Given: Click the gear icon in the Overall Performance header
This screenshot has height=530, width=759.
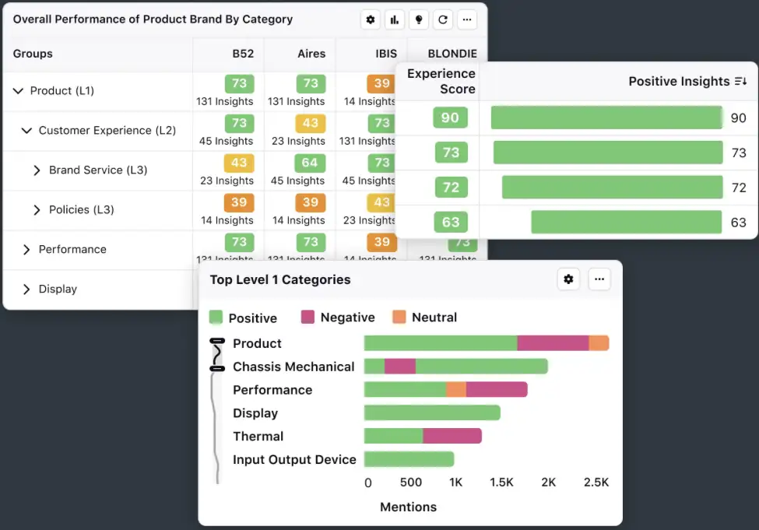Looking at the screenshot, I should click(x=371, y=19).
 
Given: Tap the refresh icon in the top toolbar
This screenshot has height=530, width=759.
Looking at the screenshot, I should click(x=443, y=19).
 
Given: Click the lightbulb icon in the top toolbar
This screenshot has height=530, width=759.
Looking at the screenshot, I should click(x=419, y=19).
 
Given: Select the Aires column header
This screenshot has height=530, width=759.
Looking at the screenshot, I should click(x=311, y=54).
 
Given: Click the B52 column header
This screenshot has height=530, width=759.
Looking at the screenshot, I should click(x=243, y=54).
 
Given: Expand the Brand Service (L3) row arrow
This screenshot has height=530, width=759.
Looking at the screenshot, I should click(x=37, y=170).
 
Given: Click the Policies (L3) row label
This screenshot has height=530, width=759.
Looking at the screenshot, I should click(x=82, y=209).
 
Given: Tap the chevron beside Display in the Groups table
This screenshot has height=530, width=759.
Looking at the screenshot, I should click(x=26, y=289).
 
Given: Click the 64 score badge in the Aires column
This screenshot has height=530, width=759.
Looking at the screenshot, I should click(x=310, y=163).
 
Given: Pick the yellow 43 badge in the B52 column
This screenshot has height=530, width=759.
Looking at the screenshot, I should click(x=239, y=163).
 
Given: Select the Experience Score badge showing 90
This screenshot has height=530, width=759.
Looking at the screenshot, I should click(x=450, y=118).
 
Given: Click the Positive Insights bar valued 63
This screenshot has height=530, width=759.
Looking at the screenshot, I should click(x=627, y=222).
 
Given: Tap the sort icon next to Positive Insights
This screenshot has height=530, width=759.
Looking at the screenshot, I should click(x=740, y=82).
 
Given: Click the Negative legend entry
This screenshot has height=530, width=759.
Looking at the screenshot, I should click(x=347, y=318).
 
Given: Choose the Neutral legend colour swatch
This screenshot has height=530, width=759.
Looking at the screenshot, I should click(x=399, y=318).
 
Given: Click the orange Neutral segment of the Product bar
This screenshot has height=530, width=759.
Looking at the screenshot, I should click(x=599, y=343).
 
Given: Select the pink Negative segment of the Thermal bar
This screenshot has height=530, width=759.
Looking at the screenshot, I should click(x=452, y=436).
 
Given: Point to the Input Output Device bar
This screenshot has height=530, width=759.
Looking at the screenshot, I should click(x=409, y=459).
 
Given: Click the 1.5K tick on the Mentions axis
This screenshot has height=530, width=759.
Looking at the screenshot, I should click(x=501, y=483).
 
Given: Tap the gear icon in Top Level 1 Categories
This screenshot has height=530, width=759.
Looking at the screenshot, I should click(x=568, y=279).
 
